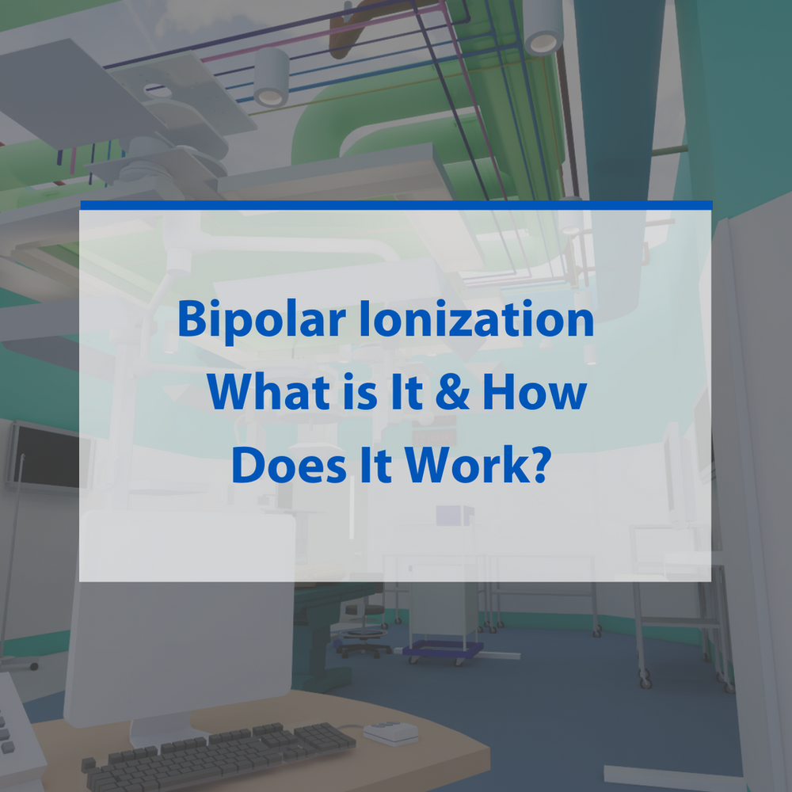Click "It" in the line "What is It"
(399, 393)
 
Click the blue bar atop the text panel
(396, 206)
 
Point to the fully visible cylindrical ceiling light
(271, 77)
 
